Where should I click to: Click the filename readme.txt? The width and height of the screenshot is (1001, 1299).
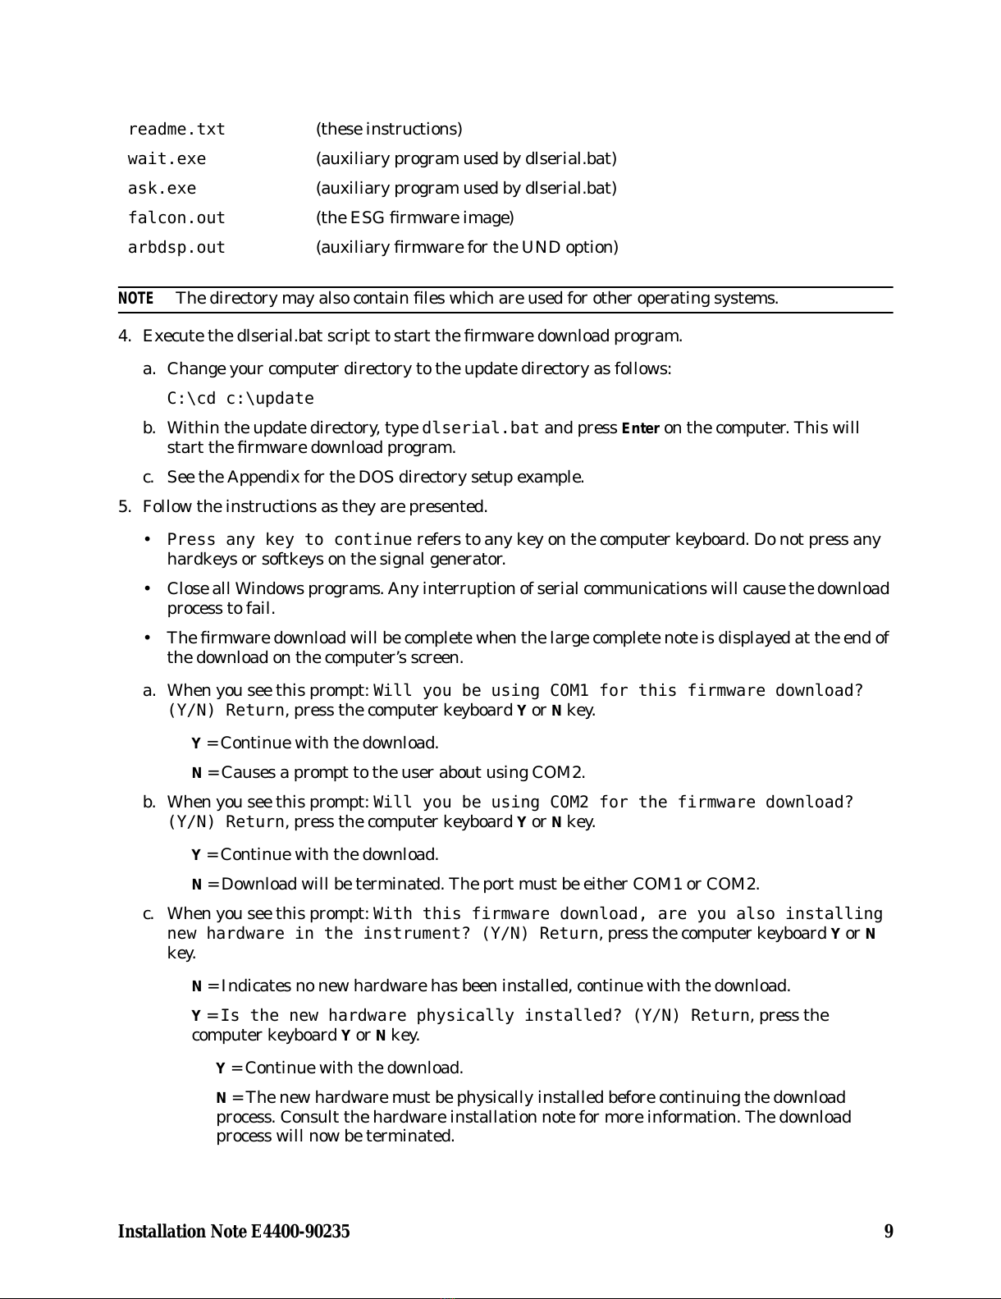click(176, 130)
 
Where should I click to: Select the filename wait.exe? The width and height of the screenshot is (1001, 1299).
click(167, 159)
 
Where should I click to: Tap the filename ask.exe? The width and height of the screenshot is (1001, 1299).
click(162, 189)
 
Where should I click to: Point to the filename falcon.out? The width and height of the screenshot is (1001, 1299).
click(176, 218)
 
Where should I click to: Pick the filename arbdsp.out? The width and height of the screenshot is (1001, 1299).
click(176, 248)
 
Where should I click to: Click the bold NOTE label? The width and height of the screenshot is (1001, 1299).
click(135, 298)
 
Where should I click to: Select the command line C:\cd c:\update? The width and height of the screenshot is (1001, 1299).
click(240, 399)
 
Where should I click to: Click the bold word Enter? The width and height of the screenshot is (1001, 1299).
click(641, 428)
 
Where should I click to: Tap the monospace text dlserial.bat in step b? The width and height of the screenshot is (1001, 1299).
click(481, 428)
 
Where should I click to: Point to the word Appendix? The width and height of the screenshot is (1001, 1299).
click(257, 478)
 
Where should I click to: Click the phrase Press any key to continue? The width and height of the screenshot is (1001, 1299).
click(289, 540)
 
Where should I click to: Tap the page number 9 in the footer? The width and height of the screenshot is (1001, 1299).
click(889, 1232)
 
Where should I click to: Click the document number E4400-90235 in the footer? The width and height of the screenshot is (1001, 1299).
click(300, 1232)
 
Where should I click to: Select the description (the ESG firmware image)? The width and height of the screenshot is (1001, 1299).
click(415, 218)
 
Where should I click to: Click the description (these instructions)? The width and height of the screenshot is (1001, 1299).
click(389, 130)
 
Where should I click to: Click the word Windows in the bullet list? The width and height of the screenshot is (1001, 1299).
click(265, 589)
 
